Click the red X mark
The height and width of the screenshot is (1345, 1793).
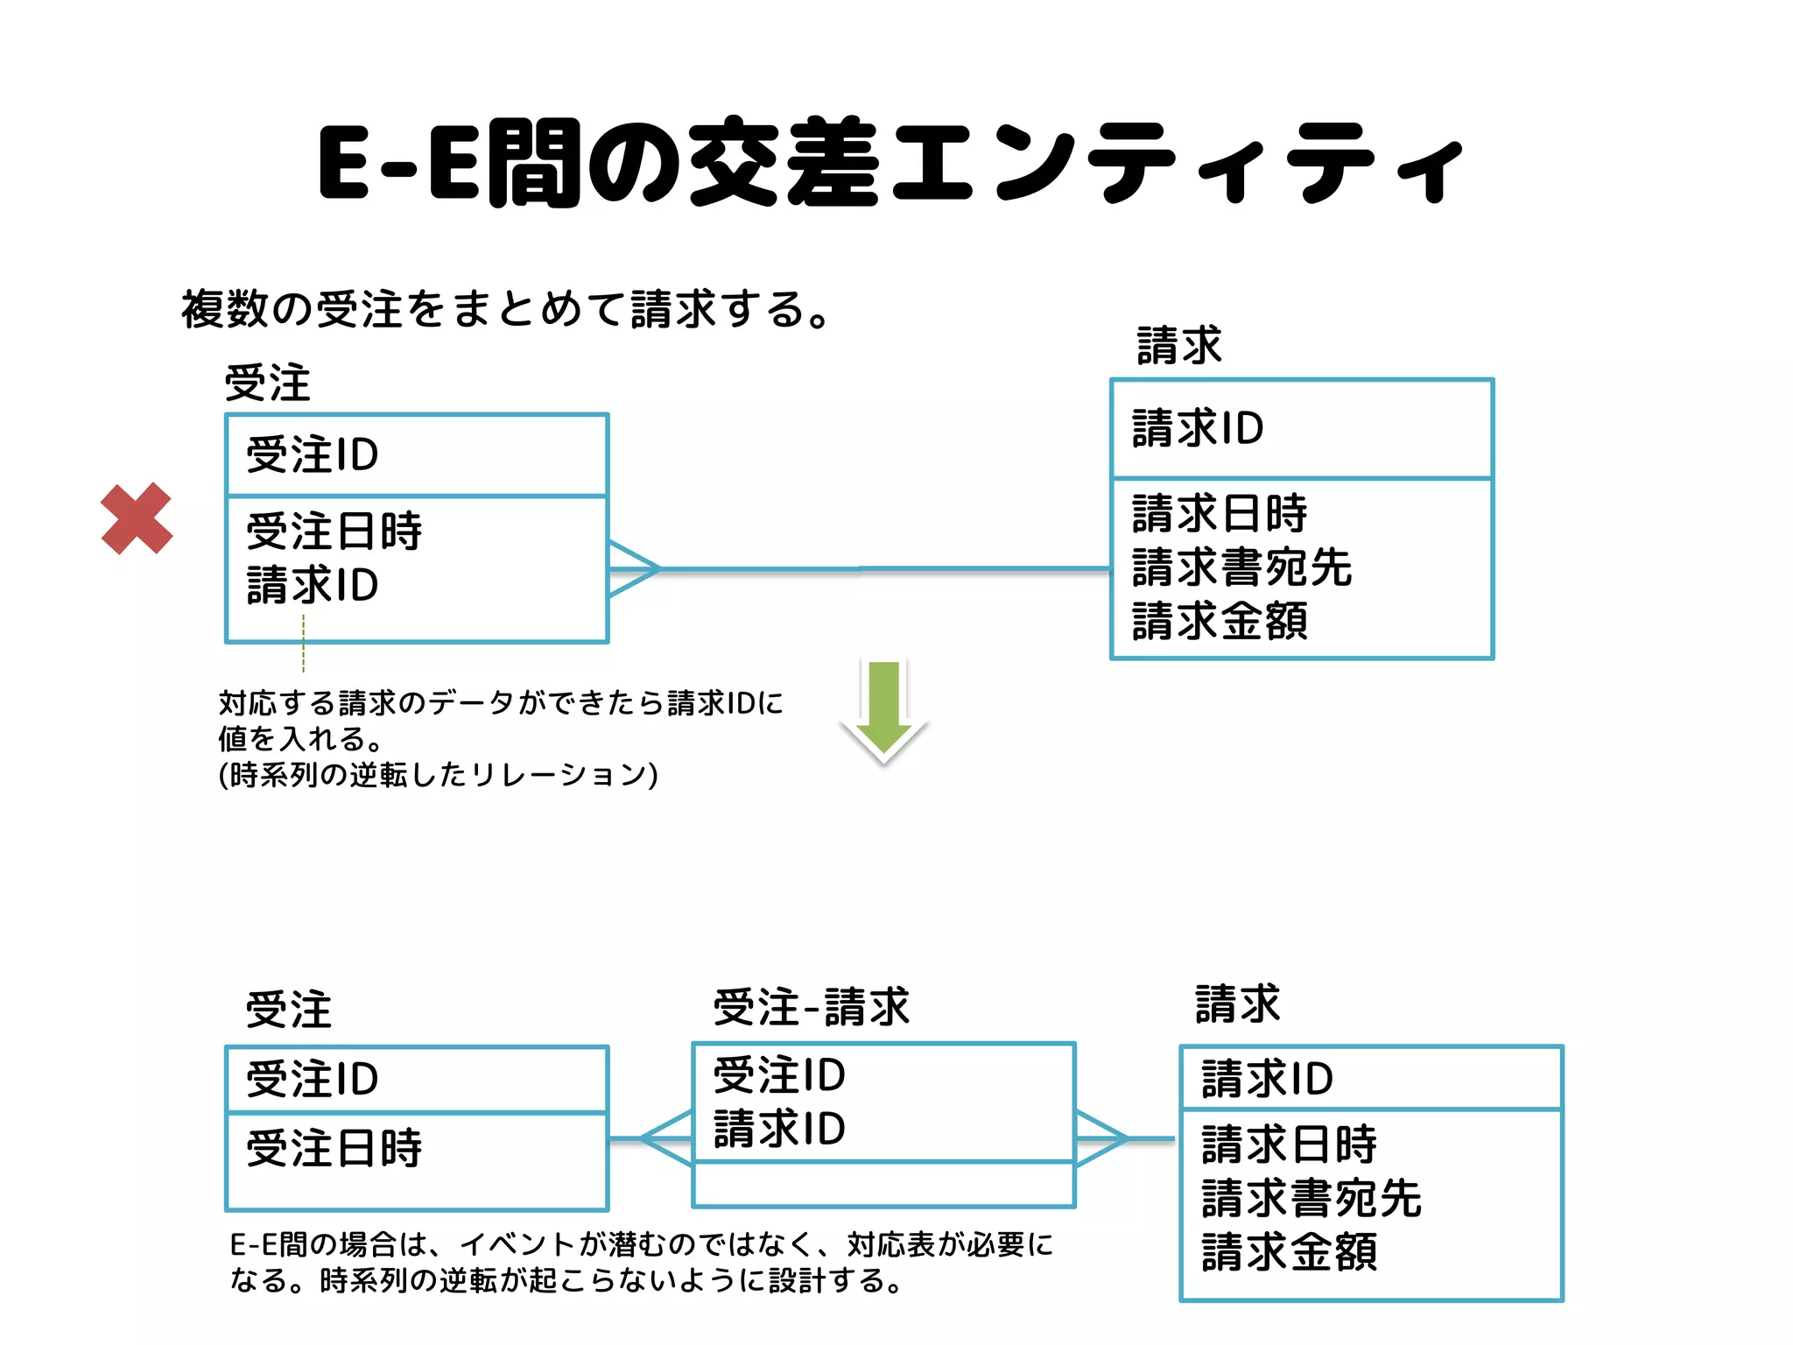coord(137,518)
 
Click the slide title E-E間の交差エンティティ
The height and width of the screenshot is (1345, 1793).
coord(890,164)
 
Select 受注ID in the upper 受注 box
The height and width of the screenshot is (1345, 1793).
coord(312,455)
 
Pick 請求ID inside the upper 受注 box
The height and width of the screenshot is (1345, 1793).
coord(312,585)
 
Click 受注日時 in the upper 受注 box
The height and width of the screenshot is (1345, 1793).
coord(334,532)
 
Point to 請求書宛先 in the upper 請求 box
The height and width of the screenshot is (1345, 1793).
coord(1241,567)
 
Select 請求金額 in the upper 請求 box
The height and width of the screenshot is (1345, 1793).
coord(1220,621)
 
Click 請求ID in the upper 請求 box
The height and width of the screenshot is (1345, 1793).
coord(1198,429)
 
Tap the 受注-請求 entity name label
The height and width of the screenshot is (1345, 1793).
coord(812,1007)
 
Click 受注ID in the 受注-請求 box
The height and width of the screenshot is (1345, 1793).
coord(779,1075)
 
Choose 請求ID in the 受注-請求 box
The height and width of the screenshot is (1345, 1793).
coord(779,1129)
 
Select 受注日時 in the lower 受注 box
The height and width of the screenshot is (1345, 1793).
coord(334,1148)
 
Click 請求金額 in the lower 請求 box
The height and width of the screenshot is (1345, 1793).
coord(1289,1252)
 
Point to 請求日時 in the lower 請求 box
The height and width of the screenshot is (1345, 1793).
coord(1289,1144)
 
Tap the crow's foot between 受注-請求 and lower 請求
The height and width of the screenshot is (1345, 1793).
coord(1100,1138)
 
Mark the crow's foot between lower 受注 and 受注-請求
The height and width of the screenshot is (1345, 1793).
coord(667,1138)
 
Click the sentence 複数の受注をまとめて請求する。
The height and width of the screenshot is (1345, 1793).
coord(505,309)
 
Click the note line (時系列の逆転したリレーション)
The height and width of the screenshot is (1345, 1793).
coord(438,775)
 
